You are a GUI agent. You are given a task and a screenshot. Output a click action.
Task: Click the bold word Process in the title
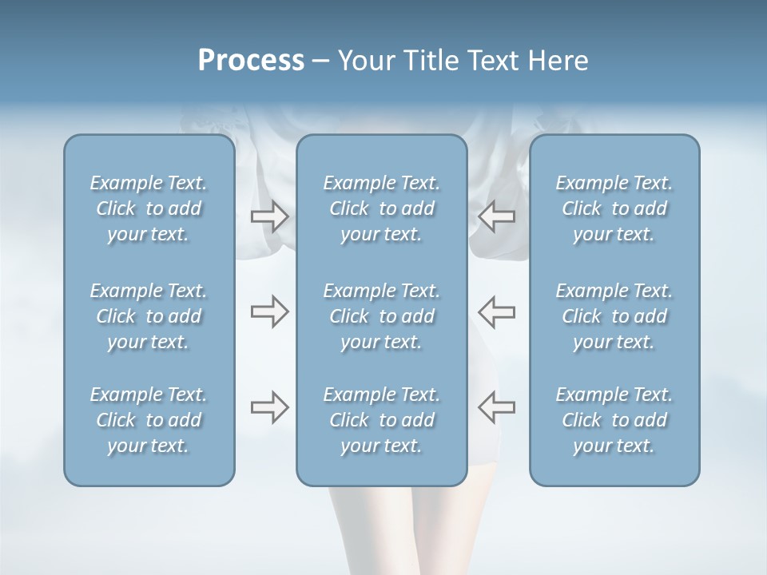pyautogui.click(x=251, y=61)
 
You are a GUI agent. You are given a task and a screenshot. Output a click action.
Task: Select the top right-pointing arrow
pyautogui.click(x=269, y=216)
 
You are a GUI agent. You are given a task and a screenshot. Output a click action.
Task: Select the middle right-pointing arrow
pyautogui.click(x=269, y=312)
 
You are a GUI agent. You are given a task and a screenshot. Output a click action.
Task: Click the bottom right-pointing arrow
pyautogui.click(x=269, y=407)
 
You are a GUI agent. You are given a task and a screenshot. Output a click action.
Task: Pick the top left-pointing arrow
pyautogui.click(x=497, y=216)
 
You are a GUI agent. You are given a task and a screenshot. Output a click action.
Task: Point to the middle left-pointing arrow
pyautogui.click(x=497, y=312)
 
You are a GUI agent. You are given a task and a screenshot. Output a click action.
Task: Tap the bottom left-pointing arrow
pyautogui.click(x=497, y=407)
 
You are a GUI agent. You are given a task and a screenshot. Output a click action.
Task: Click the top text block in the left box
pyautogui.click(x=149, y=208)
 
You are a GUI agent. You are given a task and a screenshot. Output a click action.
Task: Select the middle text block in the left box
pyautogui.click(x=149, y=316)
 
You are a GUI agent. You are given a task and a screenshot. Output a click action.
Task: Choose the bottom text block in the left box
pyautogui.click(x=149, y=420)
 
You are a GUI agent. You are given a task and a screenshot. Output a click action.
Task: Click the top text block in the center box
pyautogui.click(x=381, y=208)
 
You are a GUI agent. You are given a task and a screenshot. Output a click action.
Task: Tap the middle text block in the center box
pyautogui.click(x=381, y=316)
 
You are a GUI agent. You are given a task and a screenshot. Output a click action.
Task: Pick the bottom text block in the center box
pyautogui.click(x=381, y=420)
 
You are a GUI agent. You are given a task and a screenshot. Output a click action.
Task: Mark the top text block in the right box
pyautogui.click(x=614, y=208)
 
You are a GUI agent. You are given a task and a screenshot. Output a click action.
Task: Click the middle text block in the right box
pyautogui.click(x=614, y=316)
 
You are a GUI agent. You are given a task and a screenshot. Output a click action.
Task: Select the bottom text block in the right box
pyautogui.click(x=614, y=420)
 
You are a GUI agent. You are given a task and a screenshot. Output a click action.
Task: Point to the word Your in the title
pyautogui.click(x=364, y=61)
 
